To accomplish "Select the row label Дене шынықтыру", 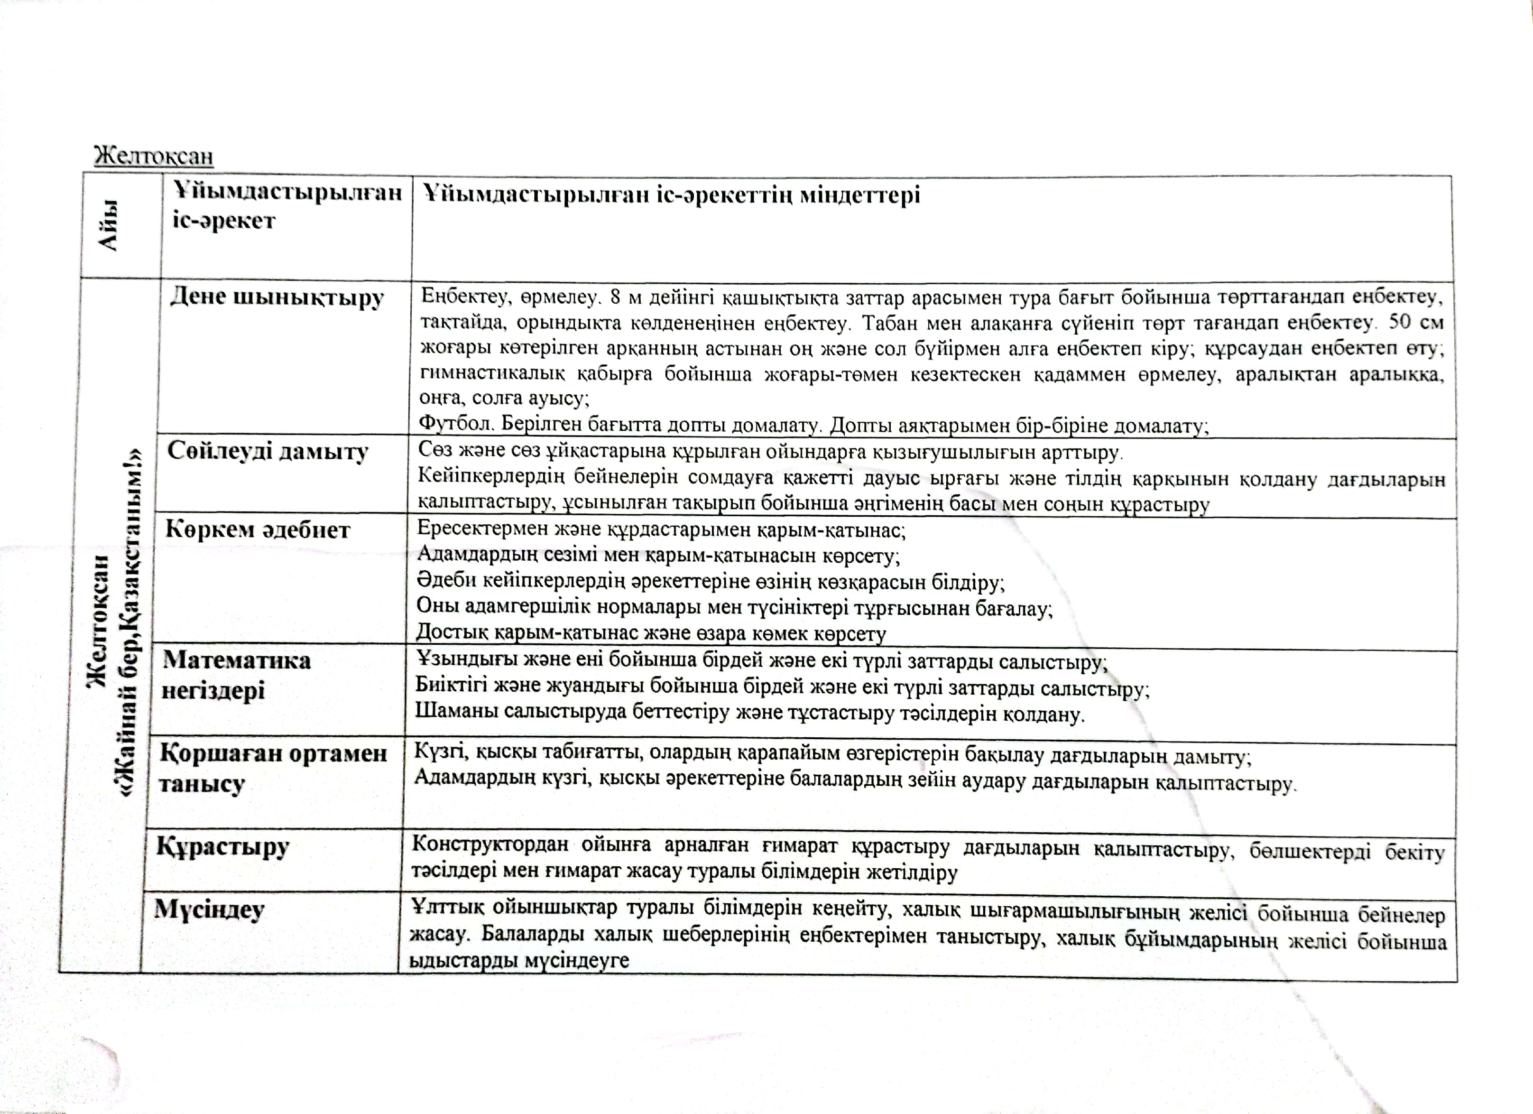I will coord(277,297).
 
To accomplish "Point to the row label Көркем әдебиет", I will coord(258,529).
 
